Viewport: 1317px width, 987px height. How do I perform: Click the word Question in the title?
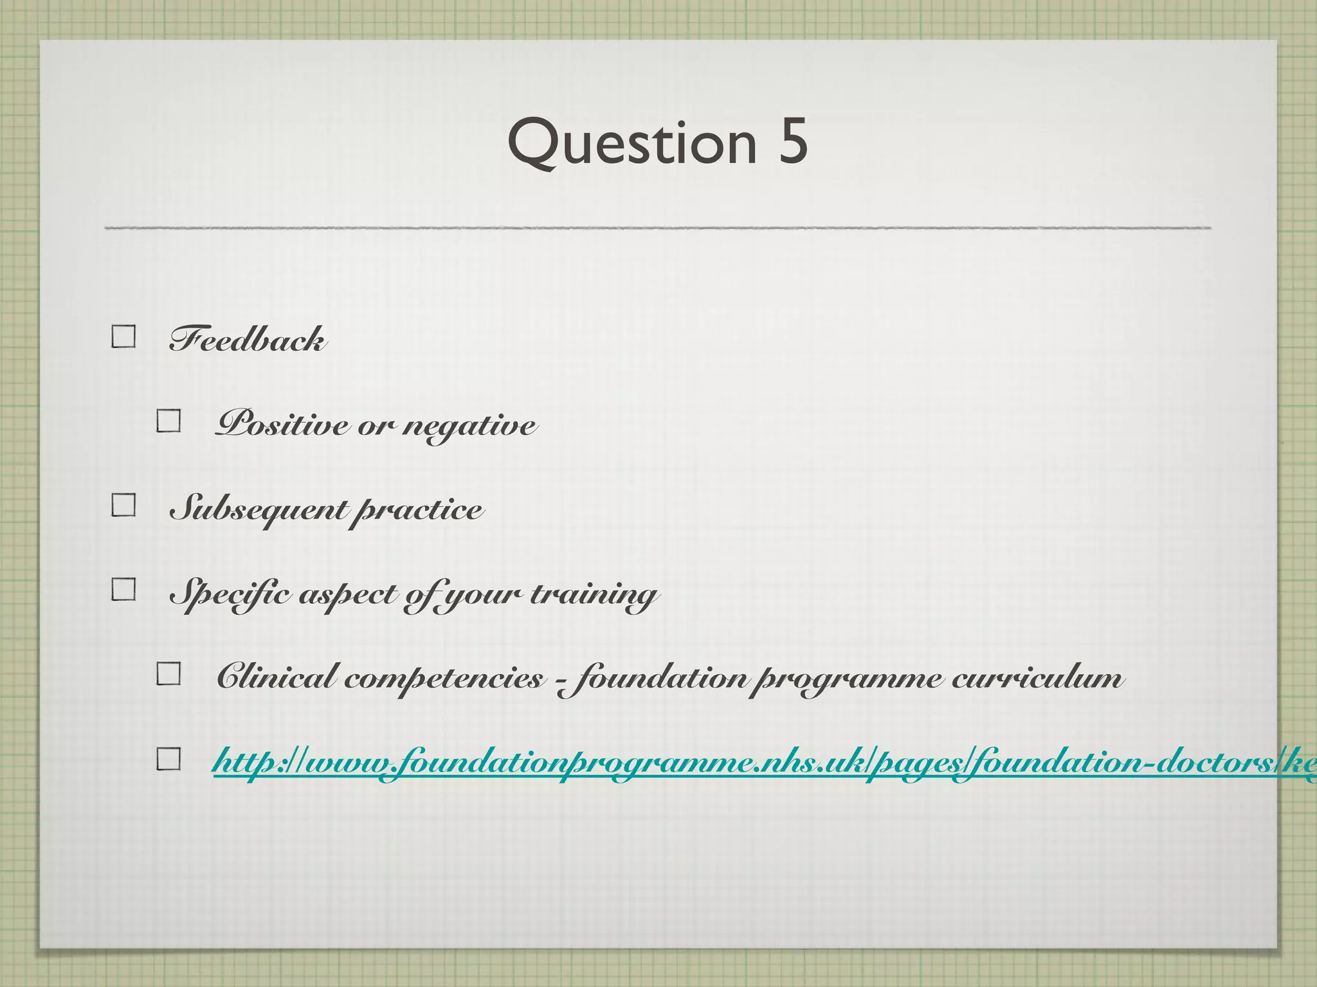(x=632, y=143)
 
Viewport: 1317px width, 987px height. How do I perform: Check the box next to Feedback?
(x=123, y=336)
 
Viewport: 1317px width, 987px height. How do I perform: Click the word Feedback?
(x=247, y=339)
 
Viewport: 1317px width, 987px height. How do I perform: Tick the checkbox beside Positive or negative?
(x=168, y=421)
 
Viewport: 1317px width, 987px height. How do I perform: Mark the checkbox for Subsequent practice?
(x=123, y=505)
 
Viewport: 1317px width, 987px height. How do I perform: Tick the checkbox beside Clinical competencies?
(x=168, y=673)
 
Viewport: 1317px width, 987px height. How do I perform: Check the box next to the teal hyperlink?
(x=168, y=759)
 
